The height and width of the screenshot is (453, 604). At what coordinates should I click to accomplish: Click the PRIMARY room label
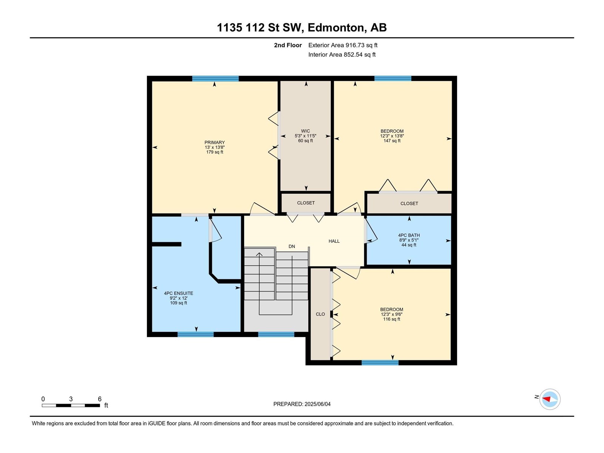pyautogui.click(x=214, y=142)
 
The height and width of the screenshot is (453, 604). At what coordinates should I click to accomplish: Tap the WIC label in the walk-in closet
pyautogui.click(x=305, y=131)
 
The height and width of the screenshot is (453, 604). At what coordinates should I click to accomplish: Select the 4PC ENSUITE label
pyautogui.click(x=179, y=293)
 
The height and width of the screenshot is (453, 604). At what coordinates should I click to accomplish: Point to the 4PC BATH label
pyautogui.click(x=409, y=235)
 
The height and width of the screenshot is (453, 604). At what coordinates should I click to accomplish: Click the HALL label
pyautogui.click(x=334, y=241)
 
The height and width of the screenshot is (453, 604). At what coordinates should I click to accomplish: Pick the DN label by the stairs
pyautogui.click(x=292, y=247)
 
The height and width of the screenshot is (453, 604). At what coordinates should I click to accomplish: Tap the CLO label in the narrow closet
pyautogui.click(x=320, y=314)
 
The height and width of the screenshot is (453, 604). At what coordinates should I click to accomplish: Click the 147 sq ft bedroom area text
pyautogui.click(x=392, y=141)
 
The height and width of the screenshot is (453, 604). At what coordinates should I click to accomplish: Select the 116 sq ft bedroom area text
pyautogui.click(x=391, y=319)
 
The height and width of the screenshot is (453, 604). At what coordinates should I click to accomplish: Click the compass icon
pyautogui.click(x=550, y=399)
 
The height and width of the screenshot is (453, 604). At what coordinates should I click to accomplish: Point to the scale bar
pyautogui.click(x=71, y=405)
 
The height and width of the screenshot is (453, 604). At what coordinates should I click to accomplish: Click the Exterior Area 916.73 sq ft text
pyautogui.click(x=343, y=45)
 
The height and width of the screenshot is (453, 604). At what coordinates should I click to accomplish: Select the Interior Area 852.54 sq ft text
pyautogui.click(x=342, y=54)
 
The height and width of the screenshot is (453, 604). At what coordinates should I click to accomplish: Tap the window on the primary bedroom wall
pyautogui.click(x=215, y=79)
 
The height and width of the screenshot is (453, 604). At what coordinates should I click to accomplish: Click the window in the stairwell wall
pyautogui.click(x=276, y=334)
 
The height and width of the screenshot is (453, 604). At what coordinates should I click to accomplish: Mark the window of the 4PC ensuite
pyautogui.click(x=196, y=334)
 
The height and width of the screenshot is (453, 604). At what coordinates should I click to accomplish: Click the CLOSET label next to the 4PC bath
pyautogui.click(x=409, y=203)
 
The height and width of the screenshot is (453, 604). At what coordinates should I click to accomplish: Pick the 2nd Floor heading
pyautogui.click(x=288, y=45)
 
